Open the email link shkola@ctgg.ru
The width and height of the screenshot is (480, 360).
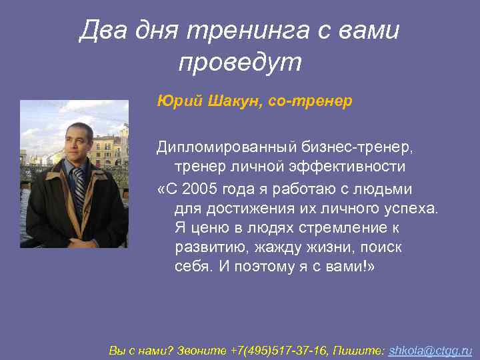click(x=430, y=349)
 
